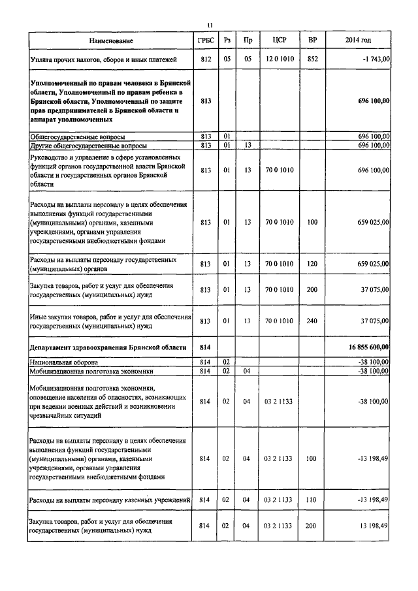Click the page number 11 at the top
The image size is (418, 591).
click(209, 25)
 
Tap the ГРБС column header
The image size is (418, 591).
click(206, 41)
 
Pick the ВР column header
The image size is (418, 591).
click(313, 41)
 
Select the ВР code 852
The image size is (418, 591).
click(313, 59)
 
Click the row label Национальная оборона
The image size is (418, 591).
click(64, 361)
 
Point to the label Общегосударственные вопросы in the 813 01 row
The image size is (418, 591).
click(78, 136)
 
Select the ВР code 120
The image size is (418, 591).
click(313, 264)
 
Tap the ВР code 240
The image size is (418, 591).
click(313, 321)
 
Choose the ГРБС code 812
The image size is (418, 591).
click(206, 59)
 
